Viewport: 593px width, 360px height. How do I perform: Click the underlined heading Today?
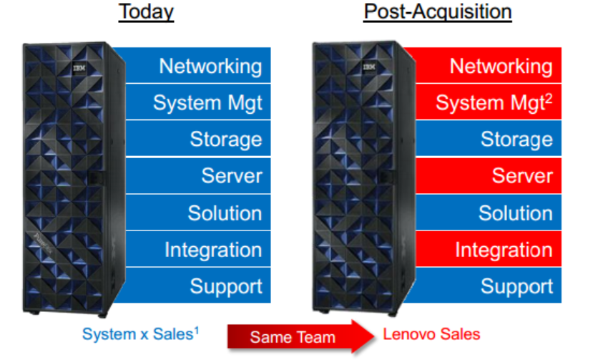coord(146,11)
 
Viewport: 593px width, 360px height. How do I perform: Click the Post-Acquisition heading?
coord(438,11)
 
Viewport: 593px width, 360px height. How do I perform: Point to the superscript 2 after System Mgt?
coord(549,99)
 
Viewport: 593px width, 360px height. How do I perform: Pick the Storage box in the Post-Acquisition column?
coord(489,139)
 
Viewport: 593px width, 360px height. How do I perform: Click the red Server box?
coord(489,175)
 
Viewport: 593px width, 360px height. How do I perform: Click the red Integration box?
coord(489,249)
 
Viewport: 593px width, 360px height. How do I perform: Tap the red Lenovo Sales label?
coord(431,334)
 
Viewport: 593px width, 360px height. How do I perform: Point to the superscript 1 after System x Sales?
coord(196,331)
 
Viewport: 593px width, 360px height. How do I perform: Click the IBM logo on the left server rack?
coord(79,68)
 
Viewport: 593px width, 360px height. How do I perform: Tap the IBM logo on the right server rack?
coord(369,67)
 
